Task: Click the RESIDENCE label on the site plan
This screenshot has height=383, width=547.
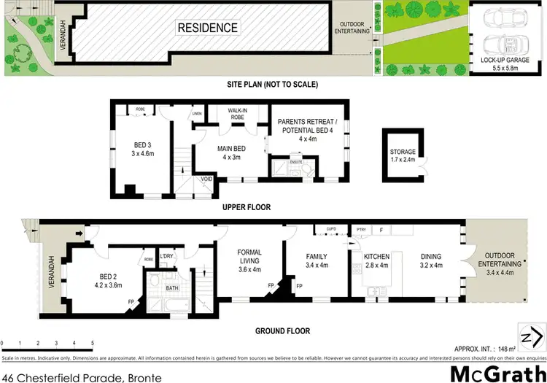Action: coord(208,28)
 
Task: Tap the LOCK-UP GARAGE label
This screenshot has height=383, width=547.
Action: coord(505,61)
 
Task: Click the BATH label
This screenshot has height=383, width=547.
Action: coord(172,289)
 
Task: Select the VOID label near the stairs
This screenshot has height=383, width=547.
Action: coord(207,179)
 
